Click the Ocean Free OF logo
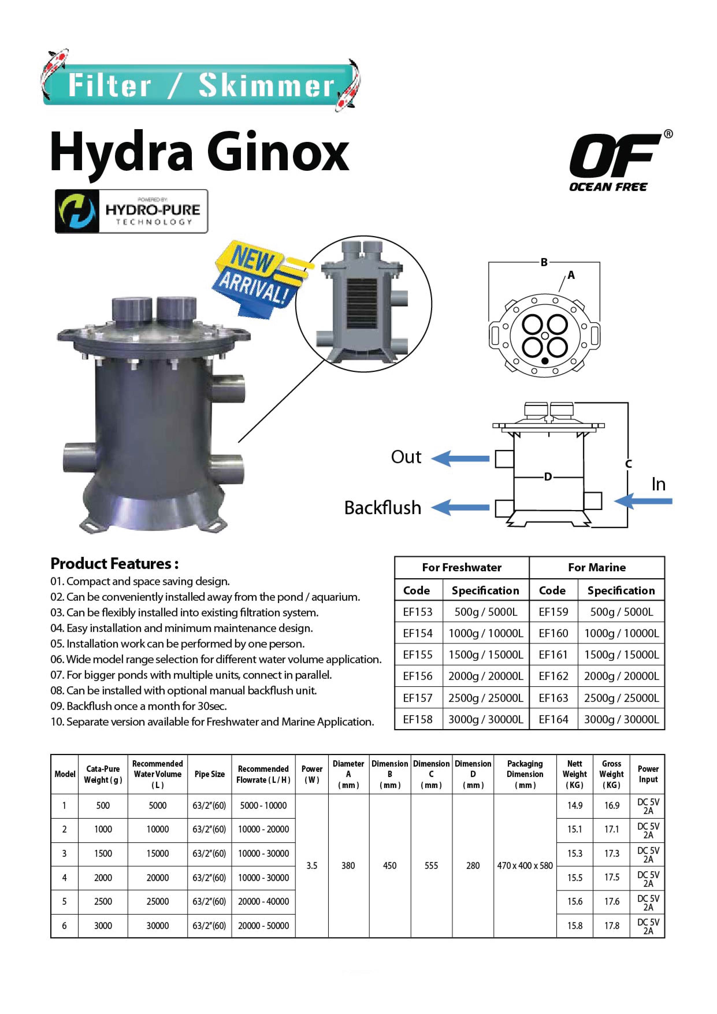(620, 161)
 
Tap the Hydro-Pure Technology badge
(131, 211)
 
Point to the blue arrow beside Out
(460, 458)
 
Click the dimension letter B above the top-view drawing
(544, 262)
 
